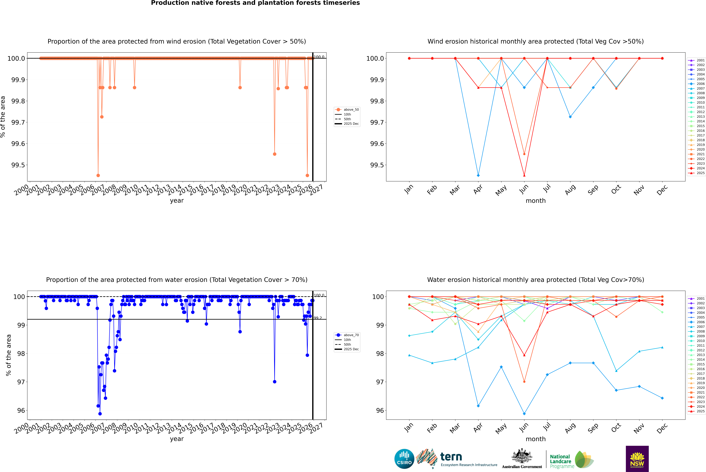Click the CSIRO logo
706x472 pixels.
(404, 459)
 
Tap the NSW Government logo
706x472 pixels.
(637, 459)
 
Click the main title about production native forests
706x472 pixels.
(255, 3)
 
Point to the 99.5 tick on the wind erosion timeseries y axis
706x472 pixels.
(18, 165)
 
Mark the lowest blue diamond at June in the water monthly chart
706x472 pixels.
(524, 414)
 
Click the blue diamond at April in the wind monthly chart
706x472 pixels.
(478, 175)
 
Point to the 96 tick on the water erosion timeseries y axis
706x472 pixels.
(21, 410)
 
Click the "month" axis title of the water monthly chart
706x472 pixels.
(535, 439)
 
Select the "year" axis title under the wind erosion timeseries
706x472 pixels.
(177, 201)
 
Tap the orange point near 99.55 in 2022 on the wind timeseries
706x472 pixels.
(274, 154)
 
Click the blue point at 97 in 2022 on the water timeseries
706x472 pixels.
(274, 382)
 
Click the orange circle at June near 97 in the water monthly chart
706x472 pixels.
(524, 382)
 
